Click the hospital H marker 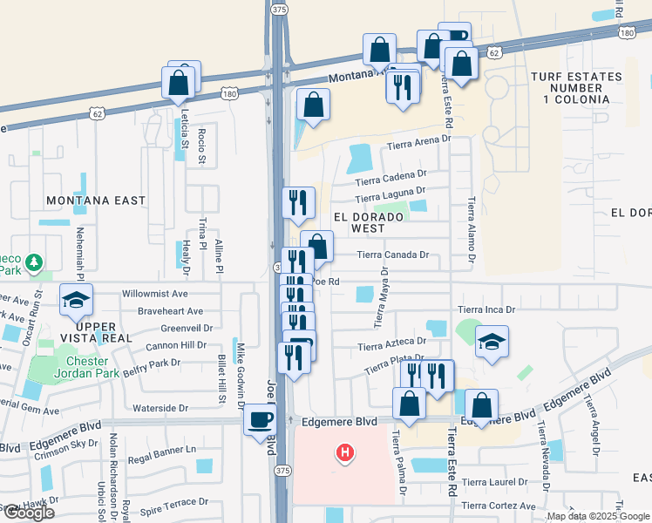(x=346, y=453)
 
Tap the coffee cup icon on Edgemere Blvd (x=260, y=420)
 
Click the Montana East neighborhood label (x=98, y=200)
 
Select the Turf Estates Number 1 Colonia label (x=576, y=88)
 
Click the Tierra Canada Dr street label (x=394, y=255)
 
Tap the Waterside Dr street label (x=160, y=408)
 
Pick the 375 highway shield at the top (x=278, y=9)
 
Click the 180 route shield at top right (x=628, y=32)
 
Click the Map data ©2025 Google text (x=597, y=516)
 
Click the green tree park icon (x=33, y=261)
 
